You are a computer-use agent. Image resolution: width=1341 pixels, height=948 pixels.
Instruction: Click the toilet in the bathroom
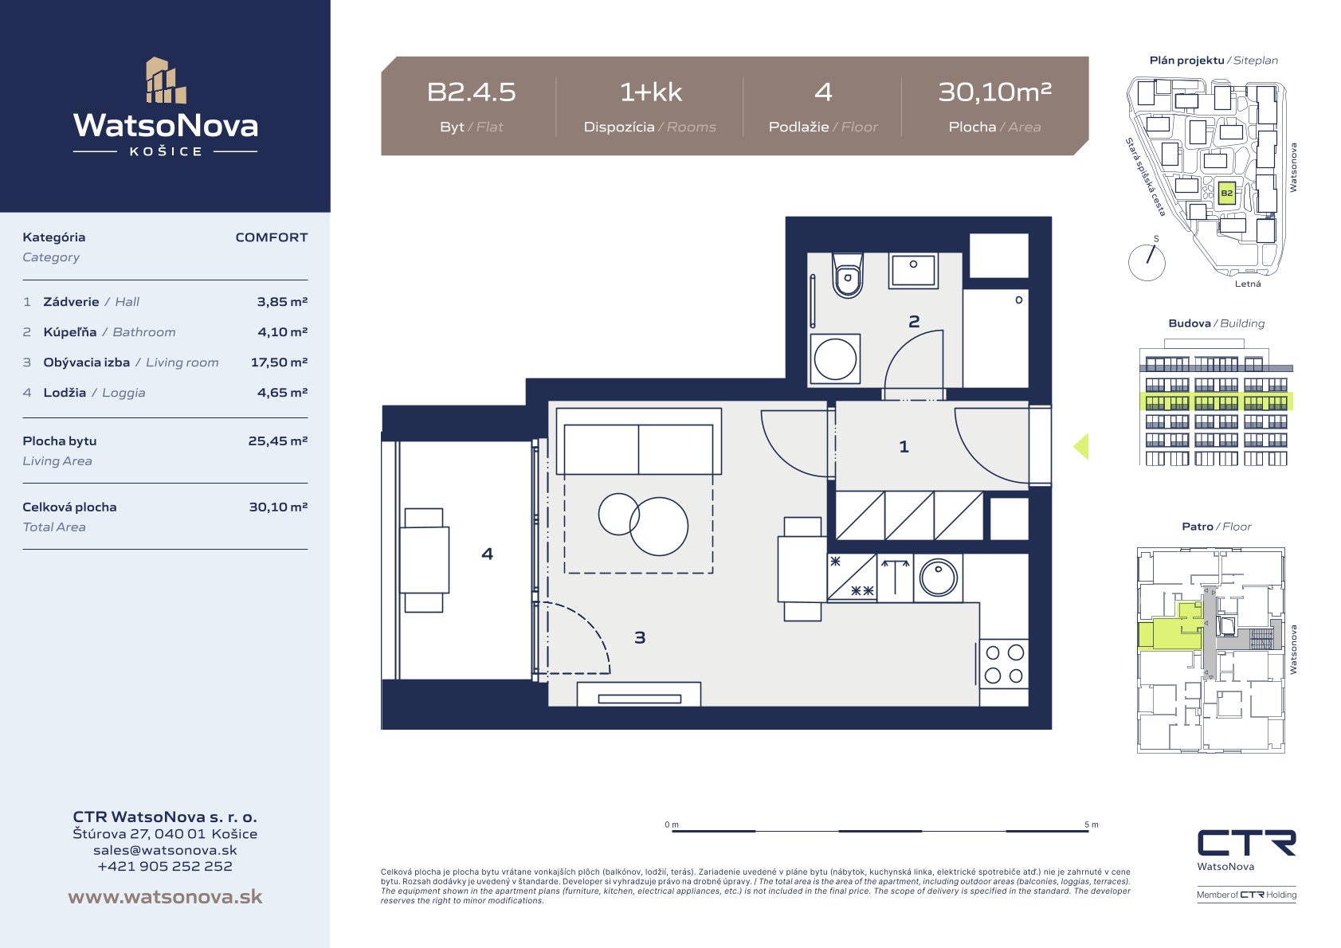[847, 275]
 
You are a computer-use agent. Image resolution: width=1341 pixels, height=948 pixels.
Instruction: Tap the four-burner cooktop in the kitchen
[1004, 664]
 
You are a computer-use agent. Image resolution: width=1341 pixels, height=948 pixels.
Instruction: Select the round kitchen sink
[938, 578]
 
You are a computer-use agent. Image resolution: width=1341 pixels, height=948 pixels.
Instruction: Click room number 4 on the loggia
[488, 554]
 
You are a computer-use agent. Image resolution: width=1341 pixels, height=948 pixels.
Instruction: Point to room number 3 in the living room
[640, 637]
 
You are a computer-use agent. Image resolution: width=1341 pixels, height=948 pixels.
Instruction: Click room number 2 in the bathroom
[914, 322]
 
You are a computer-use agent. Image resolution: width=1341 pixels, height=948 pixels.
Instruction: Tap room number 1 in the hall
[904, 446]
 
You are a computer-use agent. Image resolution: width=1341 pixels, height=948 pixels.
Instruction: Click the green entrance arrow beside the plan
[1081, 446]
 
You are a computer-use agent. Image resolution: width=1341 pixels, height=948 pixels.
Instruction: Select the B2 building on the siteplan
[1226, 194]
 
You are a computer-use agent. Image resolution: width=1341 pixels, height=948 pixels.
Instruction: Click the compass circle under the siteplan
[1147, 262]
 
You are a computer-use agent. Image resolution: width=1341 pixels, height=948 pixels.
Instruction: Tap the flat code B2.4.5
[471, 92]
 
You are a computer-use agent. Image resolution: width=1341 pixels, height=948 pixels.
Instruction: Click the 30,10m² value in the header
[994, 92]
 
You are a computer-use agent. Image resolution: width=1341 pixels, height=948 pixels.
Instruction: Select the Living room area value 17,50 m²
[279, 362]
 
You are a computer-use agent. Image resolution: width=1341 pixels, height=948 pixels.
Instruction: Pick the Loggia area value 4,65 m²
[283, 393]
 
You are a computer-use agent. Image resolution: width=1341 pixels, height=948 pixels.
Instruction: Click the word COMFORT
[271, 237]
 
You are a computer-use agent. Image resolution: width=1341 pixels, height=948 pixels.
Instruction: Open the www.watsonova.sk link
[165, 896]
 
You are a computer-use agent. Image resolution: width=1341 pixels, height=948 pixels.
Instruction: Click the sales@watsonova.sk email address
[165, 850]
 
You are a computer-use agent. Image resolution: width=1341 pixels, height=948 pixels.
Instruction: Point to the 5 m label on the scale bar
[1092, 825]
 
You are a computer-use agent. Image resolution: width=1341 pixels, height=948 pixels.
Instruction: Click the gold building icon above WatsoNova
[166, 80]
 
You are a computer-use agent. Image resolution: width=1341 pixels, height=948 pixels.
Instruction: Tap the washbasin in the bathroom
[913, 271]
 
